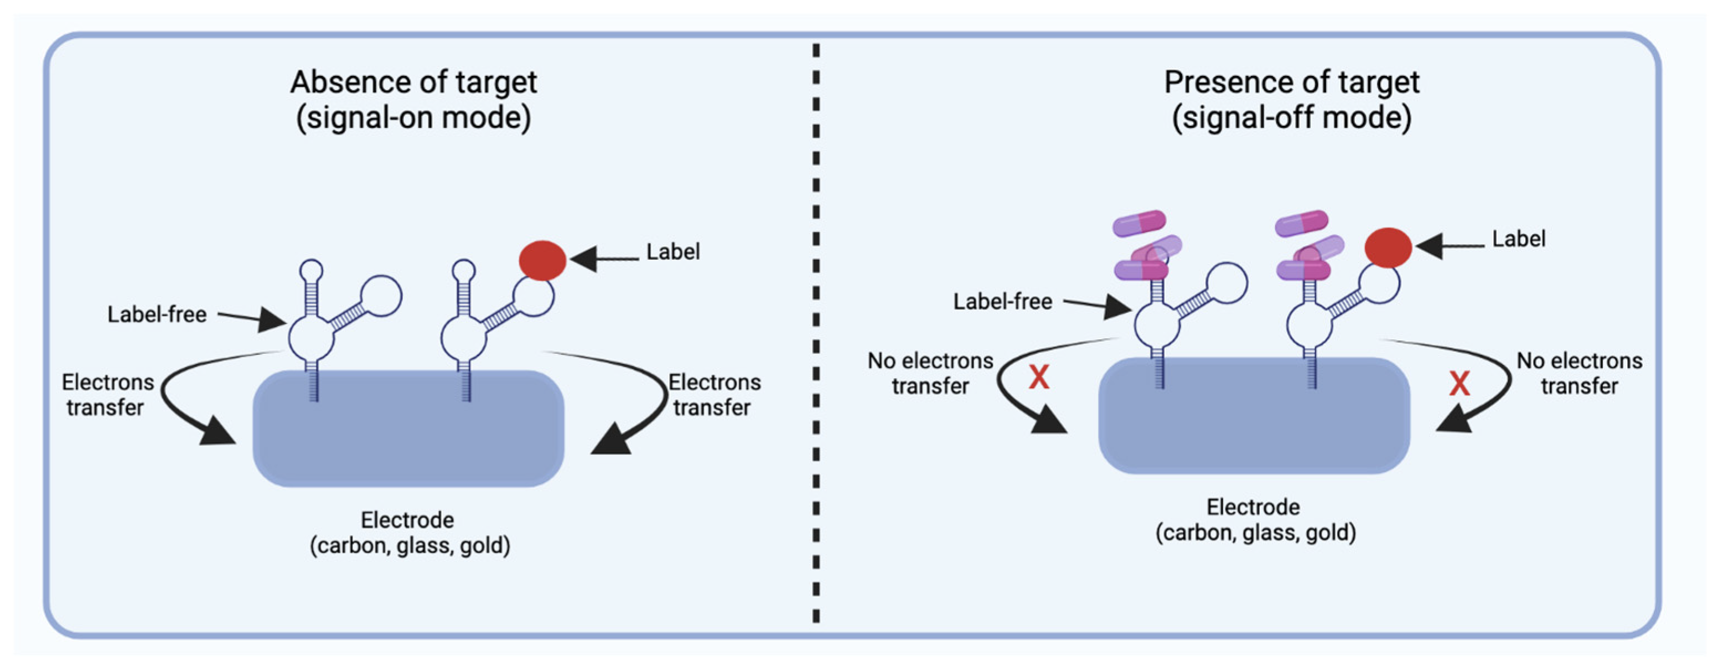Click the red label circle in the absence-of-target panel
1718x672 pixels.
coord(542,260)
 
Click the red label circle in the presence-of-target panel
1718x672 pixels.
coord(1388,247)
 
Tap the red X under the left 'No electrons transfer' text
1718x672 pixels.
coord(1038,378)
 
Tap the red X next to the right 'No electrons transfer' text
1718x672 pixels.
coord(1459,383)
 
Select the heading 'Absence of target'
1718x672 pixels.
coord(413,82)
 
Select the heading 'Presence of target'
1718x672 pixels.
coord(1291,82)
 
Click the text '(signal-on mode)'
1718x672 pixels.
coord(413,118)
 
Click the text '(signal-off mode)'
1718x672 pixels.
coord(1291,118)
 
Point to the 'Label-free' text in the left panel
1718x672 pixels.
coord(157,314)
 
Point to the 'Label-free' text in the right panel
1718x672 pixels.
coord(1002,302)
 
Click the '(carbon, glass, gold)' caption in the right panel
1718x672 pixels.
coord(1255,533)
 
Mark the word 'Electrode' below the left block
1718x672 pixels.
coord(407,520)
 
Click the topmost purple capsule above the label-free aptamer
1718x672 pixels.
coord(1139,223)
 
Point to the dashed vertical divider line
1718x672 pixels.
coord(816,334)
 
